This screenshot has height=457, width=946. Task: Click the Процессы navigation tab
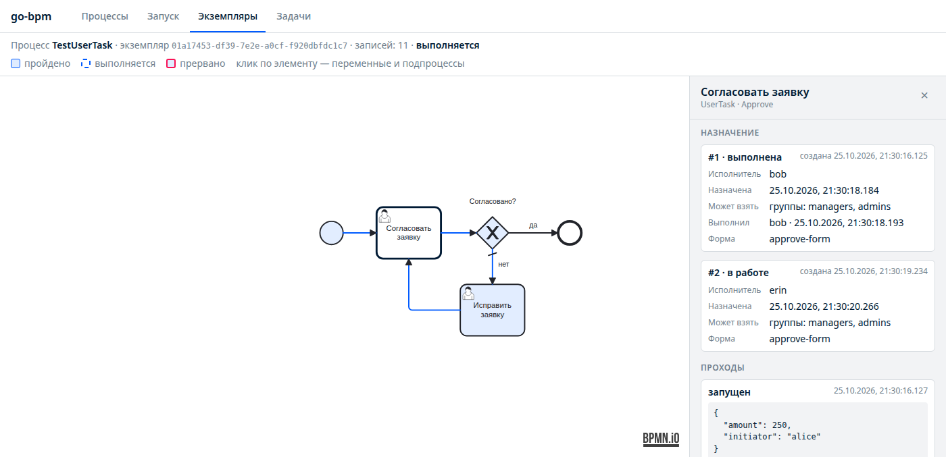click(x=105, y=16)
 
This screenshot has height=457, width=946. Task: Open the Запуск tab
click(x=163, y=16)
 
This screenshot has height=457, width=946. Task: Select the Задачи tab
click(x=293, y=16)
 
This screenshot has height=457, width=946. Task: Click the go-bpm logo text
click(x=31, y=16)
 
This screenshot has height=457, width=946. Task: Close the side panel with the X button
click(x=924, y=95)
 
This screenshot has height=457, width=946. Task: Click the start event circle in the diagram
click(x=332, y=233)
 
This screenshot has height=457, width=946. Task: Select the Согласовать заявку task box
click(x=409, y=233)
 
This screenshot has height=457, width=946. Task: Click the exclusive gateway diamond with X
click(x=493, y=233)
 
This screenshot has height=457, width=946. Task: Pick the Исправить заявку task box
click(x=493, y=310)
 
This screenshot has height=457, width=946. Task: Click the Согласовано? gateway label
click(x=493, y=201)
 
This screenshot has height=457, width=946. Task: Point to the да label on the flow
click(x=533, y=225)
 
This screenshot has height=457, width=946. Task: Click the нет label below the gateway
click(x=503, y=264)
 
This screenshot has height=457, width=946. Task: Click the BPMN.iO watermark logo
click(x=661, y=439)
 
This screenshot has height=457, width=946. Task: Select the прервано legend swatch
click(x=171, y=63)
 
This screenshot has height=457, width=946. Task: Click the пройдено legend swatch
click(x=16, y=63)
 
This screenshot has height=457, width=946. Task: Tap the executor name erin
click(x=778, y=290)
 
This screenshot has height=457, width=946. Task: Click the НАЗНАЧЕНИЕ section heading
click(x=730, y=133)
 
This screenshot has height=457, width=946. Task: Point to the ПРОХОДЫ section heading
click(x=722, y=367)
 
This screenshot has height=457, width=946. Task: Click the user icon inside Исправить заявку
click(x=468, y=293)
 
